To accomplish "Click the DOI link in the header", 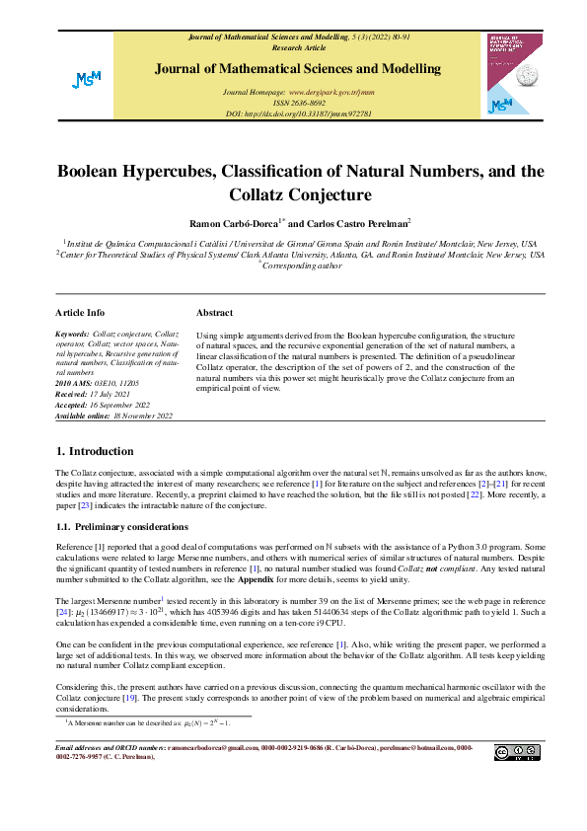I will [x=298, y=113].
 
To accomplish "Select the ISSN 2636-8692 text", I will [x=298, y=102].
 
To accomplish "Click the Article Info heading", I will [x=80, y=312].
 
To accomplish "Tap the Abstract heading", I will [x=214, y=312].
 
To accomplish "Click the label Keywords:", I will [x=73, y=336].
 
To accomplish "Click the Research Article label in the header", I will [x=298, y=46].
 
